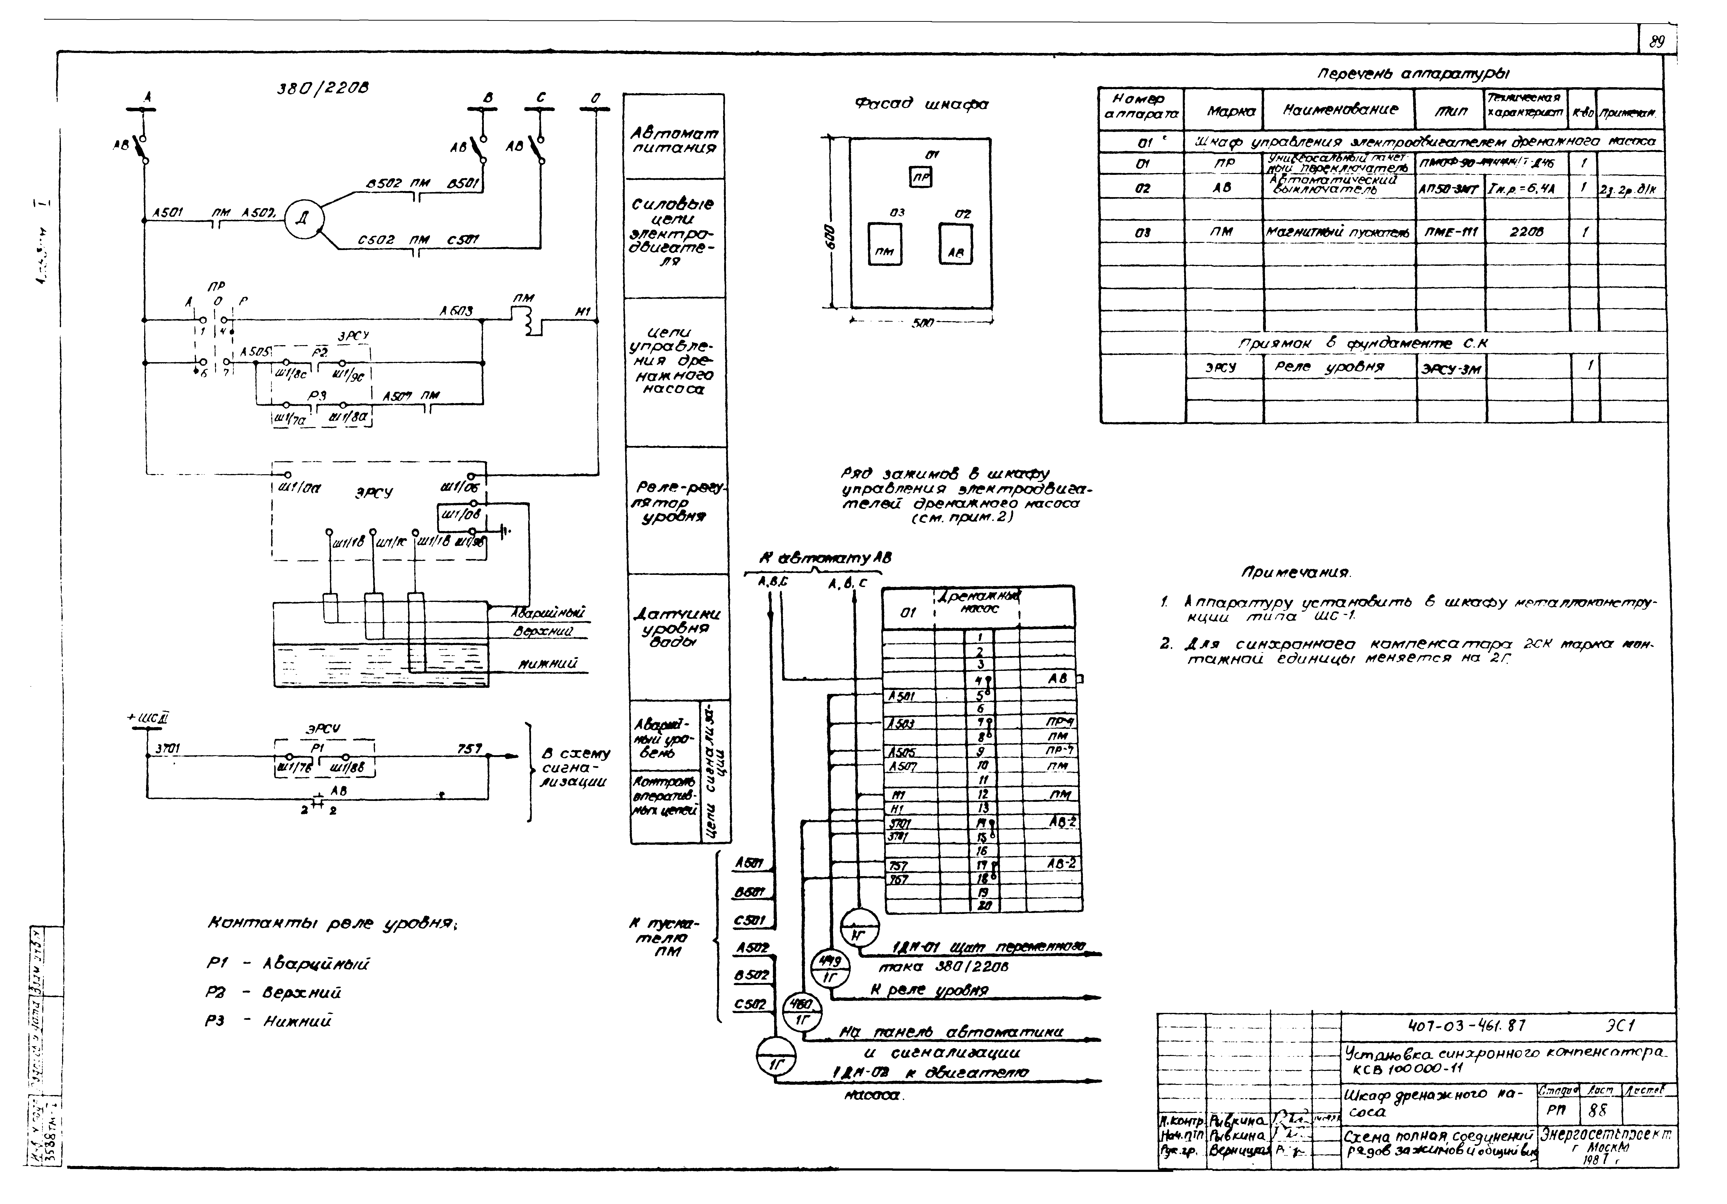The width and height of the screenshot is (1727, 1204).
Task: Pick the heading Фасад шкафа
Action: coord(921,105)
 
